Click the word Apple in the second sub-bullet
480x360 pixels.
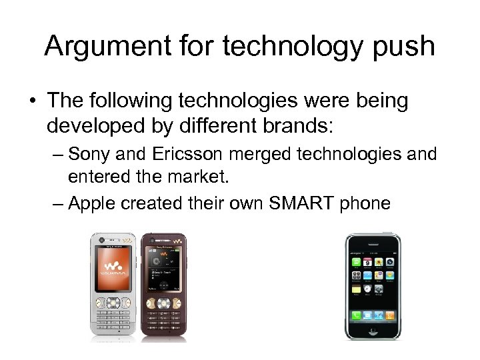[91, 203]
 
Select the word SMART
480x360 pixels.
[295, 203]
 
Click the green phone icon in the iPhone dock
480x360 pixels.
[356, 314]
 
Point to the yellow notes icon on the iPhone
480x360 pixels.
[356, 289]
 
